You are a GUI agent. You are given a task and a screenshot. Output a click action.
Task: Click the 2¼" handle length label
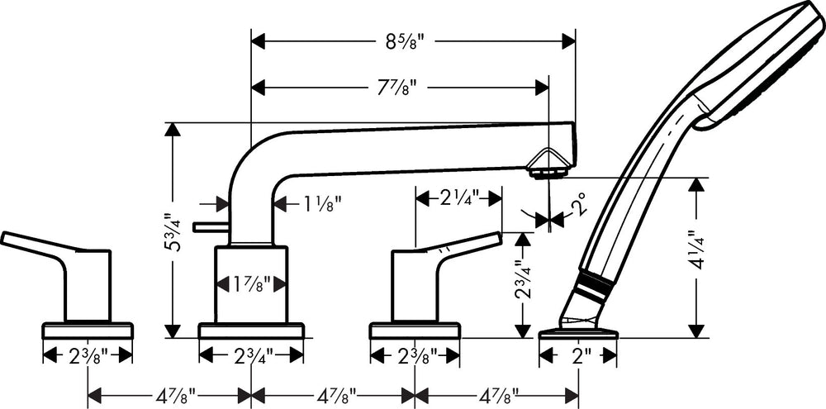(x=459, y=198)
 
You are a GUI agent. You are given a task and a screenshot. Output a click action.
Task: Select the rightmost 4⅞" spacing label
(x=496, y=394)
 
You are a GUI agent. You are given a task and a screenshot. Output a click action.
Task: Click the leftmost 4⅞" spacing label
(x=169, y=394)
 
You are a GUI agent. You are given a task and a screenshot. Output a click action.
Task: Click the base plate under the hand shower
(x=578, y=334)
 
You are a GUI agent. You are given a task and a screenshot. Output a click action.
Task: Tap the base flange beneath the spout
(x=251, y=331)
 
